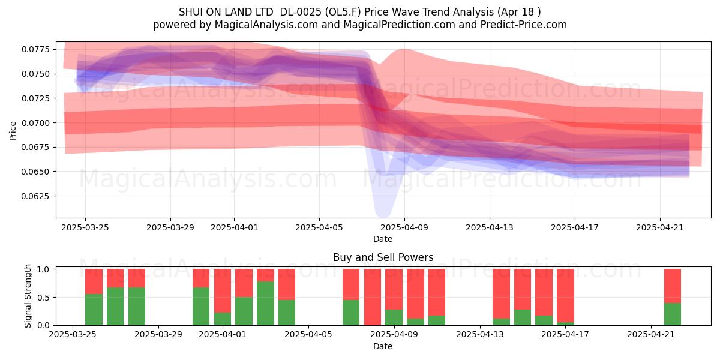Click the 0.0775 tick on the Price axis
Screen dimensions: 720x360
(x=35, y=49)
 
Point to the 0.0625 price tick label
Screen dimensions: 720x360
(x=35, y=196)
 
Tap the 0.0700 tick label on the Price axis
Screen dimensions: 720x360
(x=35, y=123)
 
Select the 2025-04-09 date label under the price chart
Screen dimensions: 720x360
(x=404, y=227)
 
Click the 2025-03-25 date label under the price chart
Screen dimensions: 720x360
(x=85, y=227)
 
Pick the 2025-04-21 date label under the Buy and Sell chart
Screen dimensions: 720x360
(x=651, y=334)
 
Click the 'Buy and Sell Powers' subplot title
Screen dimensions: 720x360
(x=383, y=257)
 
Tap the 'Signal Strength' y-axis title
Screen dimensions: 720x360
(x=28, y=296)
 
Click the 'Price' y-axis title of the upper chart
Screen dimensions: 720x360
(x=13, y=131)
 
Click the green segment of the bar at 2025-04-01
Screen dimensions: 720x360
(x=223, y=319)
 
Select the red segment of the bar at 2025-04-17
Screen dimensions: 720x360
(x=565, y=295)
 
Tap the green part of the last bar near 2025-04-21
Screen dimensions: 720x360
(x=673, y=314)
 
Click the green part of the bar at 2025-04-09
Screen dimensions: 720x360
(x=394, y=317)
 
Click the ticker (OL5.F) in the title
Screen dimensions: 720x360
(x=343, y=12)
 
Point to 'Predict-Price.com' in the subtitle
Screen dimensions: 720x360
(x=524, y=25)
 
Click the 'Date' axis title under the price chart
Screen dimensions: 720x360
(x=383, y=239)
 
